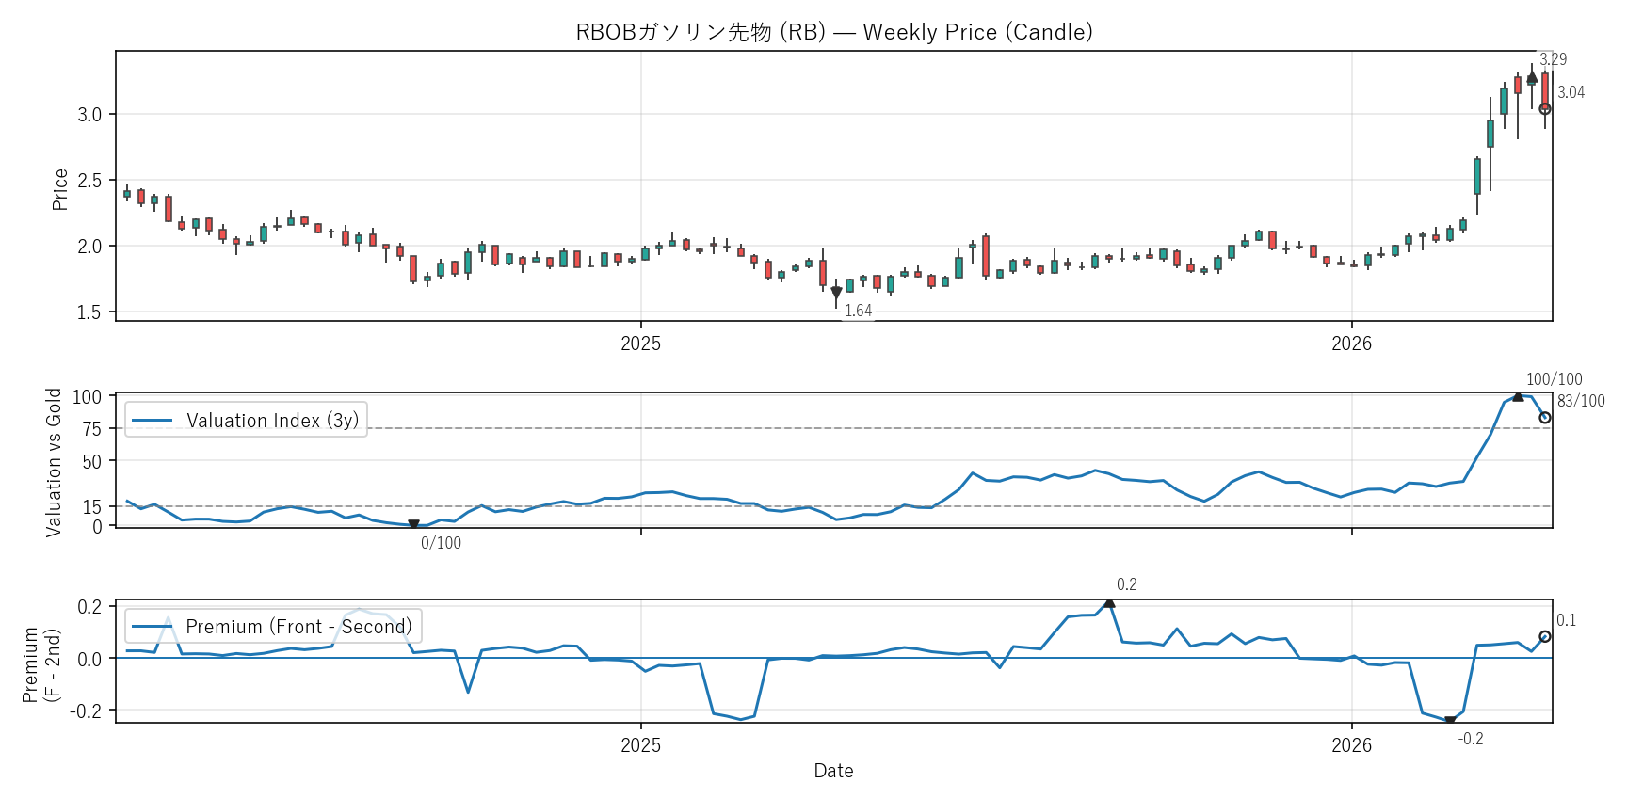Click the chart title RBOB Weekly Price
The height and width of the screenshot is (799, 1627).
tap(834, 32)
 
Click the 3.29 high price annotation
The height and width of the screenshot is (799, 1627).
tap(1553, 59)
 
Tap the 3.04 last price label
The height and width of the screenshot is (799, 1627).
tap(1571, 92)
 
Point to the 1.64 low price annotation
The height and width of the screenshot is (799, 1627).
tap(858, 311)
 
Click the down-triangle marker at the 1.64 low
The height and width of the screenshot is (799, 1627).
tap(836, 293)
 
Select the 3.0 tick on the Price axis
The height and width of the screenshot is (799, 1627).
tap(89, 115)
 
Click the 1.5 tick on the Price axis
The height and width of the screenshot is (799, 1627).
tap(89, 312)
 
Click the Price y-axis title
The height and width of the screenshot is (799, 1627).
tap(60, 189)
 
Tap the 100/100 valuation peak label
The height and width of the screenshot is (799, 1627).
tap(1554, 379)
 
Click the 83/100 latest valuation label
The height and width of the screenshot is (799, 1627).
tap(1581, 401)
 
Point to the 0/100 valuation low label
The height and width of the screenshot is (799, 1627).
tap(441, 543)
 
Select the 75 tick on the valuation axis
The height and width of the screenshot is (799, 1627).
tap(92, 429)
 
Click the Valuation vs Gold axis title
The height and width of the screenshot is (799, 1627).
tap(54, 462)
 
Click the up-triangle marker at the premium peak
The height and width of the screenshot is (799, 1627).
tap(1109, 602)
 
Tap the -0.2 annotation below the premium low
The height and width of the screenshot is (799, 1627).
tap(1471, 739)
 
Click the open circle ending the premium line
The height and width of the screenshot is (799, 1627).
tap(1545, 637)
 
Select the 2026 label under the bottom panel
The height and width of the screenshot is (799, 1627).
tap(1351, 745)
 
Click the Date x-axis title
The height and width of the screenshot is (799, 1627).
tap(833, 771)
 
